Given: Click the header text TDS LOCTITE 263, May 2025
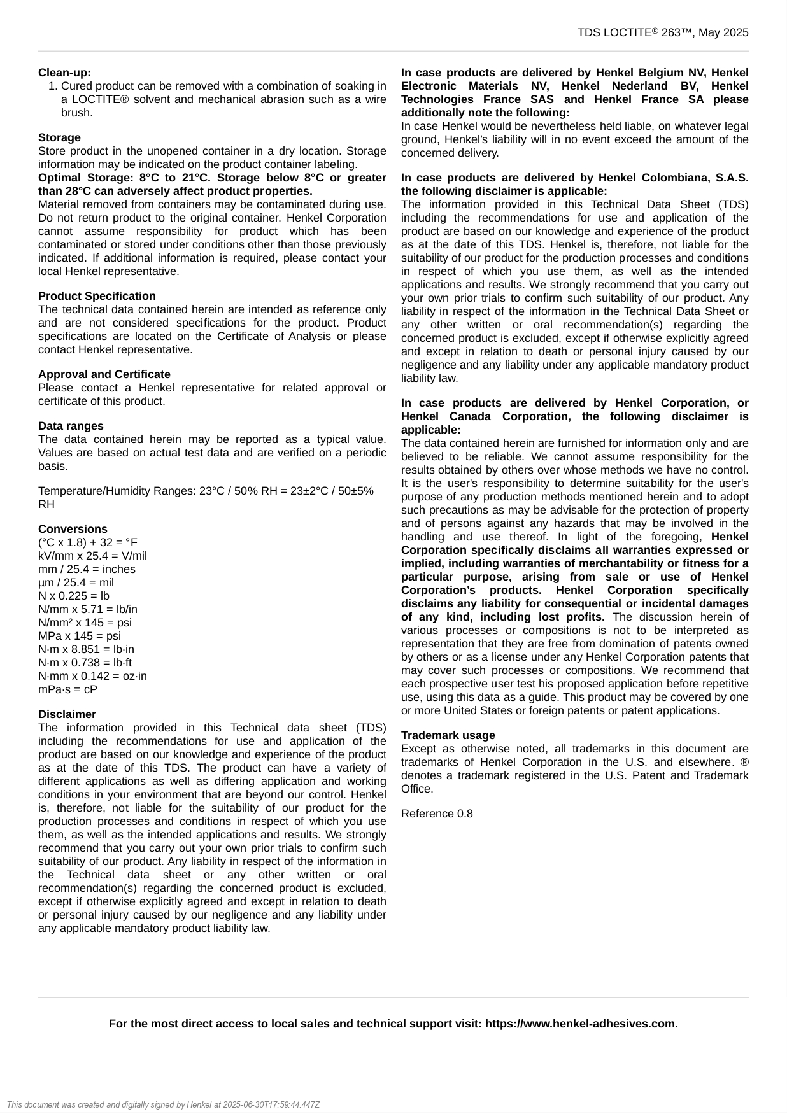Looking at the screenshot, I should click(662, 33).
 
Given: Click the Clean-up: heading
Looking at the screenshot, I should click(64, 73).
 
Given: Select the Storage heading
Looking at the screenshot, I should click(59, 137).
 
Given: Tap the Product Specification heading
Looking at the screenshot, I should click(97, 296).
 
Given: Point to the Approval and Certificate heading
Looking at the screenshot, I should click(104, 374).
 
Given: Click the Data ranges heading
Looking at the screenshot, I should click(70, 426).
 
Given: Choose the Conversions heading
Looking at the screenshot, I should click(73, 529).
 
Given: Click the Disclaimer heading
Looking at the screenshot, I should click(67, 714).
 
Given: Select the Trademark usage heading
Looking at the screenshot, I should click(448, 735).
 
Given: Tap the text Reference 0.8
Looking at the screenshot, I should click(437, 814).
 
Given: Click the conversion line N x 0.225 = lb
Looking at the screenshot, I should click(73, 596).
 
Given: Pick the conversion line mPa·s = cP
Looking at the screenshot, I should click(67, 689).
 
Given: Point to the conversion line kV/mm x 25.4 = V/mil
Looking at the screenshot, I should click(92, 556).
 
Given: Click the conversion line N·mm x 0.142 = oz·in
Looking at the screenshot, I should click(92, 676).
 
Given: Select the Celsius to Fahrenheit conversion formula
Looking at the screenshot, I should click(87, 542).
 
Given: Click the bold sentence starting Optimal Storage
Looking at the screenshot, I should click(212, 184).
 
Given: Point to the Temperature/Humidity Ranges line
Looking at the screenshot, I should click(206, 491).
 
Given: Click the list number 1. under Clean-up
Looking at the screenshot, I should click(53, 86).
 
